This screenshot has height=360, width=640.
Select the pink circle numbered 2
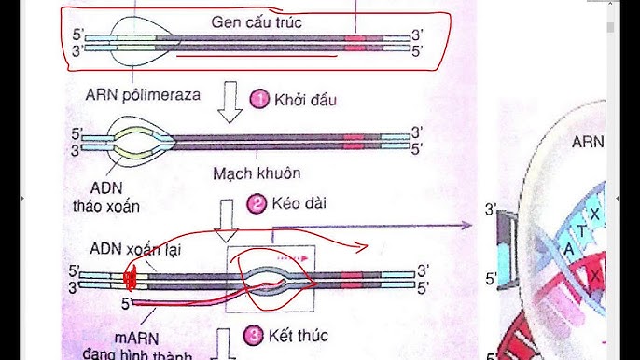click(256, 202)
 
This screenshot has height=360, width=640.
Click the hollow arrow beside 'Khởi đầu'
click(229, 103)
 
